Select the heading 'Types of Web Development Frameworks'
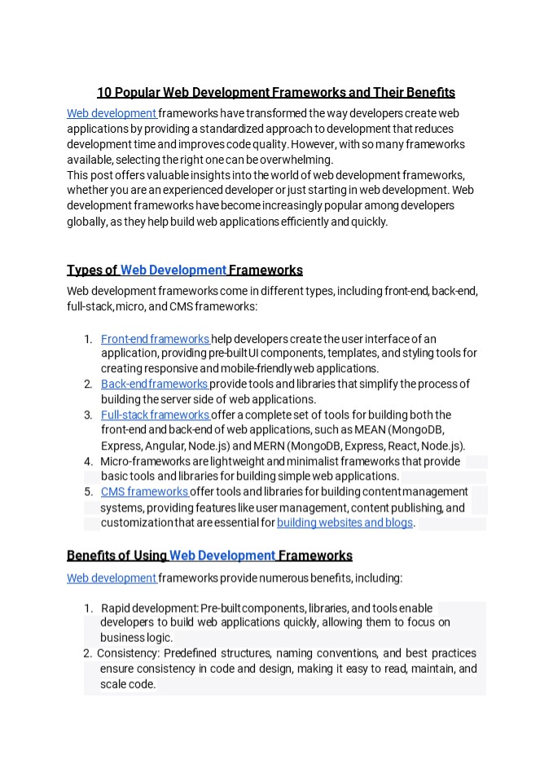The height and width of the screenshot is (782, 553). point(184,270)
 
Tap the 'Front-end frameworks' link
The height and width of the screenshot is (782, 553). point(155,339)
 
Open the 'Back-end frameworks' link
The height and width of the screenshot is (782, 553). point(154,384)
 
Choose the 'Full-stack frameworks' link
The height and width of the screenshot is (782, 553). point(155,415)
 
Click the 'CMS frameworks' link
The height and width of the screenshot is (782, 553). point(144,491)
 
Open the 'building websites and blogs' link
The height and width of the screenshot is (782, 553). point(345,522)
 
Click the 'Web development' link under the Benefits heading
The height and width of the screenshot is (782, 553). point(112,578)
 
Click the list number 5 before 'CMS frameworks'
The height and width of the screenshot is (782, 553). point(88,492)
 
